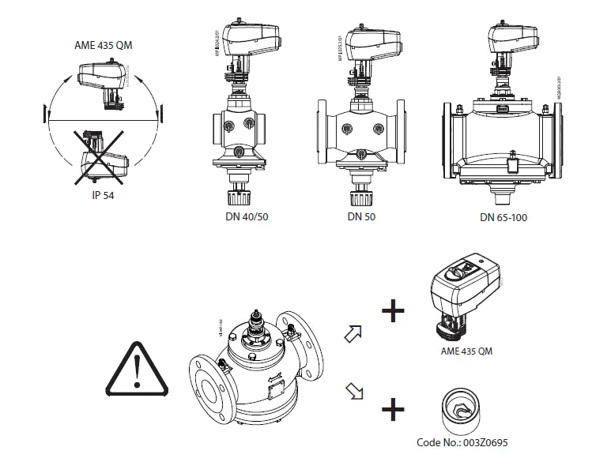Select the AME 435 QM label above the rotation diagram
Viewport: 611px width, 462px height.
104,45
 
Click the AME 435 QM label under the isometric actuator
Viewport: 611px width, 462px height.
466,351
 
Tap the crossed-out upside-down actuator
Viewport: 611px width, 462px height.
102,157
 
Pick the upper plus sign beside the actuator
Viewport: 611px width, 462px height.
393,310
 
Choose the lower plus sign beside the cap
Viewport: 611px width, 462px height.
393,409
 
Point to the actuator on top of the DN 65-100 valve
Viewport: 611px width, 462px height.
513,39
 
